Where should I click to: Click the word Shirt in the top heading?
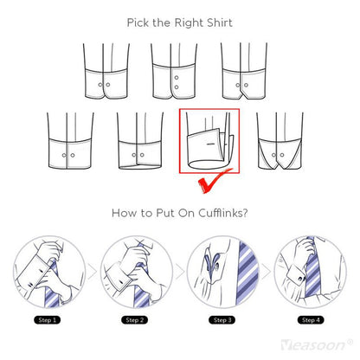point(219,22)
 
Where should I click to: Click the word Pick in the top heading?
point(138,22)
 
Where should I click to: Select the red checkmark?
point(214,182)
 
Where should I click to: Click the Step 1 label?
point(48,320)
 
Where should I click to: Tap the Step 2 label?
point(135,320)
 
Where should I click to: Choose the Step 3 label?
point(222,320)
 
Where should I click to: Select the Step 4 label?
point(311,320)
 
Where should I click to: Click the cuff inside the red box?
point(209,149)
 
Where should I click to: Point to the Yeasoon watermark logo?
point(317,344)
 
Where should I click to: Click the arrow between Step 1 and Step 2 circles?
point(93,272)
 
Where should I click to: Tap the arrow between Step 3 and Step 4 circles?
point(266,272)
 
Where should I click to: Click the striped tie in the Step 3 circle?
point(247,273)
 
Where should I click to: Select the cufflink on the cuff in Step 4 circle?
point(301,279)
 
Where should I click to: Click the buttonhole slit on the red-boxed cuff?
point(211,144)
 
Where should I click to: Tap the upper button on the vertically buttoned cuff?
point(177,78)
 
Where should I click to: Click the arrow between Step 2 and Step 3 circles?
point(179,272)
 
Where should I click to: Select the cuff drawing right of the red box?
point(280,140)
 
